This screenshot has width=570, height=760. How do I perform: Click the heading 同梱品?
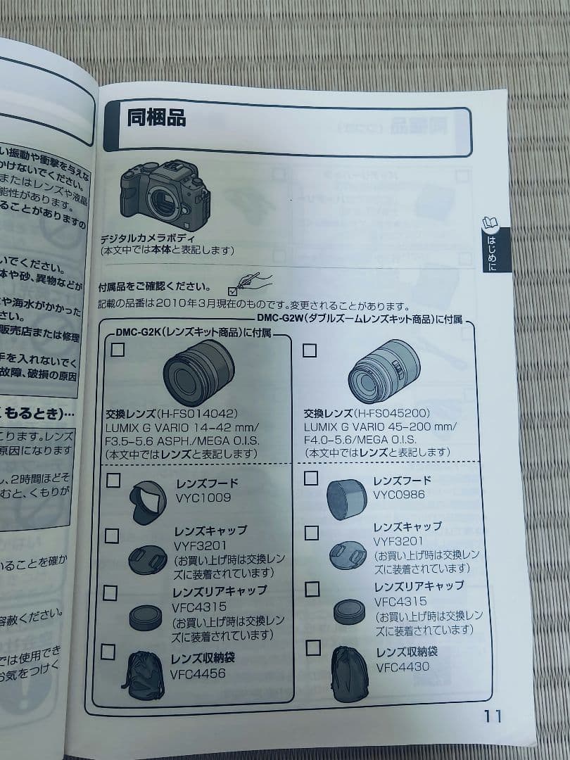[156, 118]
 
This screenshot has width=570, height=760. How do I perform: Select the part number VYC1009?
[203, 498]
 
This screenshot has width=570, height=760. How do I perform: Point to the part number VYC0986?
[398, 495]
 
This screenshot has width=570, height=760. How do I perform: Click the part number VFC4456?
[198, 673]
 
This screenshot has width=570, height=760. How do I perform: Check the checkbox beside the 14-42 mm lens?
[118, 350]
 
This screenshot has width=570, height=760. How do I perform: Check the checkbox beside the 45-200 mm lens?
[310, 350]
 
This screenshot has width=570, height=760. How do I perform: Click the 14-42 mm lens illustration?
[198, 372]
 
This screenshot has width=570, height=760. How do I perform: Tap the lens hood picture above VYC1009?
[148, 501]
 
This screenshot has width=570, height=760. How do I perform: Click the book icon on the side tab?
[490, 224]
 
